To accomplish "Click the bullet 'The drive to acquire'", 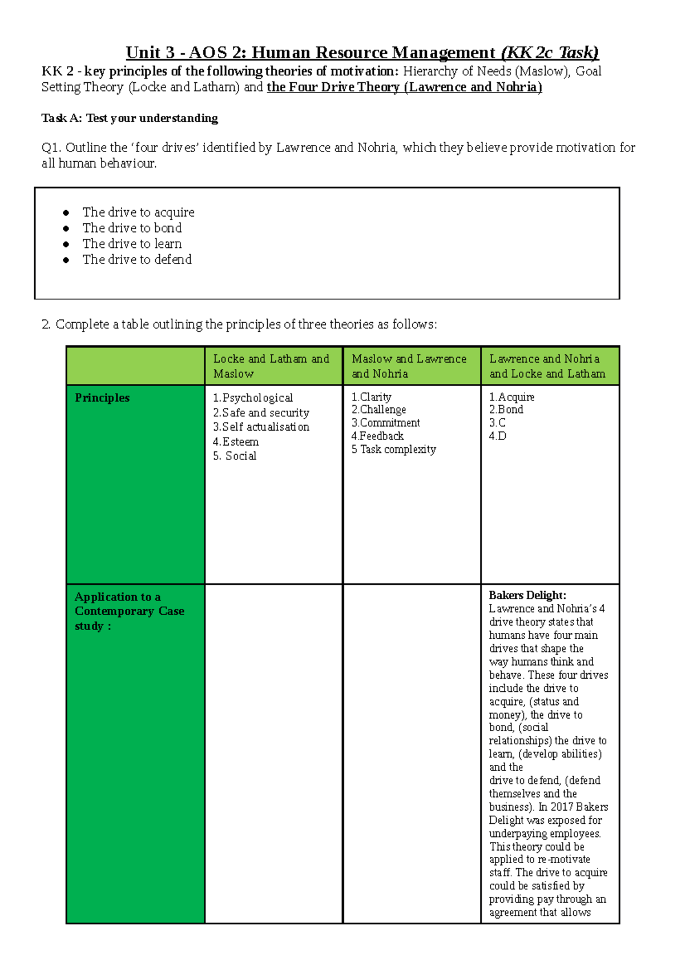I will point(138,213).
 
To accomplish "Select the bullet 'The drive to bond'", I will point(132,228).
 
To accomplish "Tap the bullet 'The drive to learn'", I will point(132,244).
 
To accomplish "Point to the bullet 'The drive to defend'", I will point(137,260).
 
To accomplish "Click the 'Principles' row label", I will point(102,398).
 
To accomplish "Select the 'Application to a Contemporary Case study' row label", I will point(129,611).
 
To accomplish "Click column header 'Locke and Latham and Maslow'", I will point(271,366).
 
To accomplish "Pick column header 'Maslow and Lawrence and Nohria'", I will point(409,366).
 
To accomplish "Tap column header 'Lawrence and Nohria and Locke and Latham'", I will point(547,366).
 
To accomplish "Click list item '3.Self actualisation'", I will point(261,427).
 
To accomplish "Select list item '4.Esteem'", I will point(236,442).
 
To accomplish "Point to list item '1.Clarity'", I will point(371,397).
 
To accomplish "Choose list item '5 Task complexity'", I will point(393,450).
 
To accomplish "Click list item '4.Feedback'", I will point(377,436).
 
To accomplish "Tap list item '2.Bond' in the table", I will point(506,410).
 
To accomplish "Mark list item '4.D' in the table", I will point(497,436).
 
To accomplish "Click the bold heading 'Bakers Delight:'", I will point(527,595).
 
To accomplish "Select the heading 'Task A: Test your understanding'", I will point(130,118).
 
